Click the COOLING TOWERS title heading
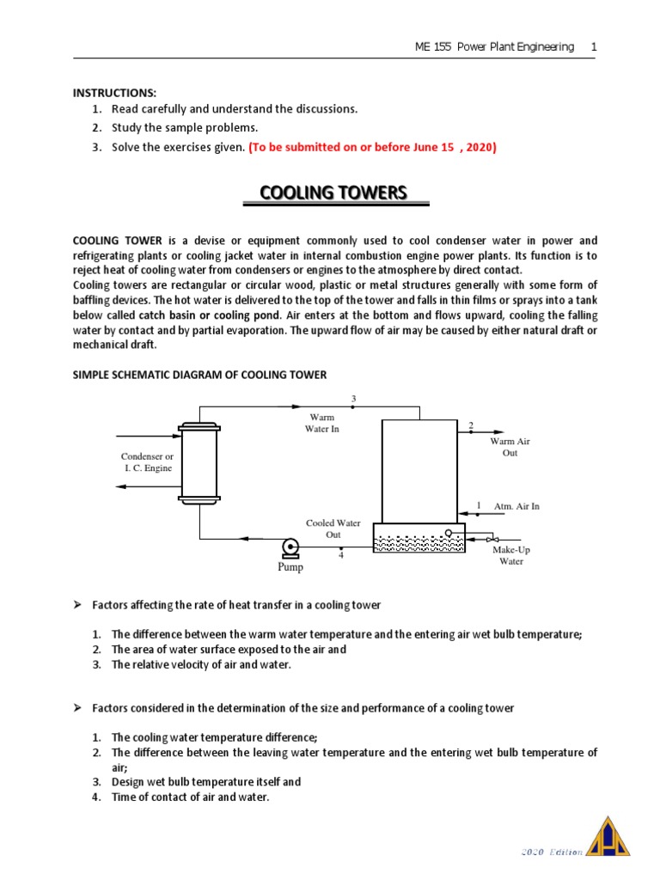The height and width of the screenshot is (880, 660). point(333,192)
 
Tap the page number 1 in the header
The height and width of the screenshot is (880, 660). point(593,46)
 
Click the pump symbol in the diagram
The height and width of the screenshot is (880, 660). point(290,547)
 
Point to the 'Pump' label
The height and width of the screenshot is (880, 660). point(290,567)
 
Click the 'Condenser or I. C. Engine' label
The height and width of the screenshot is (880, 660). point(147,462)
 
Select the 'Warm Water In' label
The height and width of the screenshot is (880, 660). point(322,423)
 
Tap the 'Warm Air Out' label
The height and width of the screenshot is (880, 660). point(510,447)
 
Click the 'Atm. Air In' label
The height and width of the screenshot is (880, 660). point(516,506)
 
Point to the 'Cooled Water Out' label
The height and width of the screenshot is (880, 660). point(333,529)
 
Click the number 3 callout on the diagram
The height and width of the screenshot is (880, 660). point(353,399)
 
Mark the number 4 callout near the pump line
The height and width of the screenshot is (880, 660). point(341,556)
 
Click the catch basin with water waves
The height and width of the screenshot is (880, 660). point(419,541)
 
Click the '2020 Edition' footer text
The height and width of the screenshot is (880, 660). point(553,852)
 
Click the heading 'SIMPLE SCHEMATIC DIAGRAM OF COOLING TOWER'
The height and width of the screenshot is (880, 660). point(199,375)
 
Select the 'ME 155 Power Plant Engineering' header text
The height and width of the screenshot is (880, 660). point(494,46)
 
